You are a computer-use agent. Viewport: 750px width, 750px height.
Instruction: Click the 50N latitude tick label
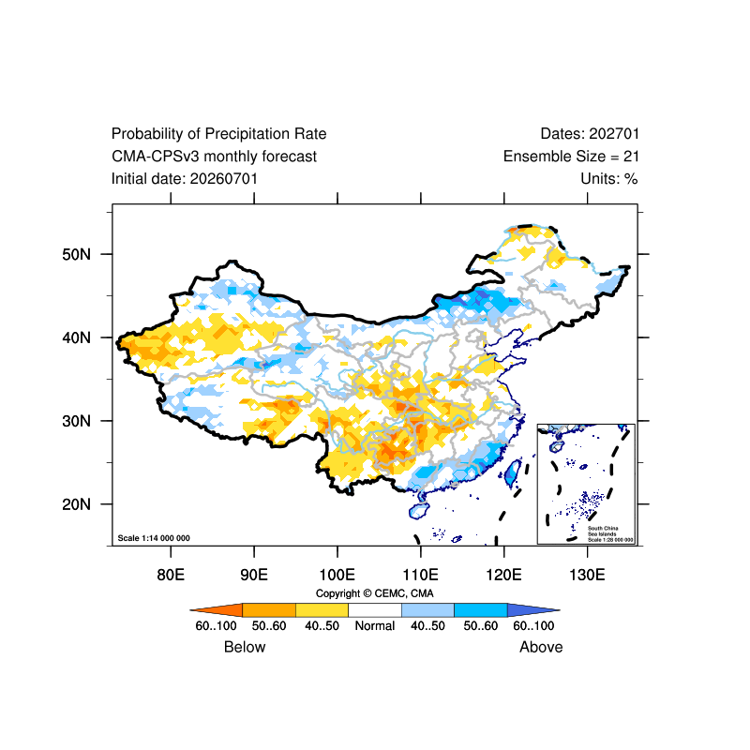(76, 254)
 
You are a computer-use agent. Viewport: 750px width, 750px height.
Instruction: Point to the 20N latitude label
(76, 504)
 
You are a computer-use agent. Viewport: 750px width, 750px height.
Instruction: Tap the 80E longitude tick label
(171, 575)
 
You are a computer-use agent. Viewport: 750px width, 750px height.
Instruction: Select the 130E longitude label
(588, 575)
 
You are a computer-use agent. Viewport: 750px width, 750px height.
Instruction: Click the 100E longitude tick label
(337, 575)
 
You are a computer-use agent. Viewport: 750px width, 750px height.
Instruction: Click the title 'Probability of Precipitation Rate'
(218, 134)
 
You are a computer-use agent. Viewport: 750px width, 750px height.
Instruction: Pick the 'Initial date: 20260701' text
(185, 179)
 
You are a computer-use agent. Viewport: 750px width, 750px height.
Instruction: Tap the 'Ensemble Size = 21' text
(571, 157)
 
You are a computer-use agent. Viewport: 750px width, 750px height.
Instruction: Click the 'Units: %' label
(609, 179)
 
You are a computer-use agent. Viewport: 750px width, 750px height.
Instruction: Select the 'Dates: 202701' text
(590, 134)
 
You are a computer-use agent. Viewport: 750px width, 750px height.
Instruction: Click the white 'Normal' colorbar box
(374, 610)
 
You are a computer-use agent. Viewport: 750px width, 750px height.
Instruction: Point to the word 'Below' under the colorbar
(245, 647)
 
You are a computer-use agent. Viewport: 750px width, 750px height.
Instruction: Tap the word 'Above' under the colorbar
(541, 647)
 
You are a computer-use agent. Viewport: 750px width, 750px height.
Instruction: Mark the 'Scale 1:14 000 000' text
(154, 538)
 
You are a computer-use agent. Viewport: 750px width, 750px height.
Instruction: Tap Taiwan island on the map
(513, 473)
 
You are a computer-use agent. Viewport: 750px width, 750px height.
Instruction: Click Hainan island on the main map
(419, 511)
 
